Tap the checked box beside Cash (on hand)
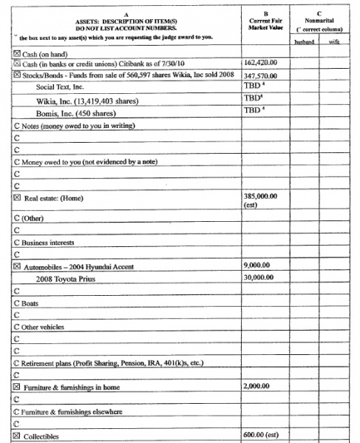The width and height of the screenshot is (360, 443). click(x=16, y=53)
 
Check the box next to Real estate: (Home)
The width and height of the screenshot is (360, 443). click(x=16, y=197)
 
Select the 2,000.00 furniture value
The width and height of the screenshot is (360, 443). click(x=255, y=386)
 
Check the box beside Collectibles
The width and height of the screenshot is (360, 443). click(x=16, y=436)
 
